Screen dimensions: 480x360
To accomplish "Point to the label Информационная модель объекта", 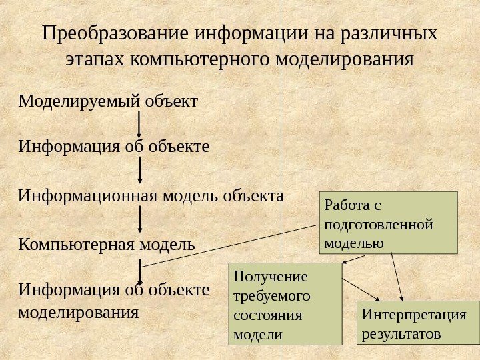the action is point(151,197).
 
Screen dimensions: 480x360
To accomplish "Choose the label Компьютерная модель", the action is point(107,245).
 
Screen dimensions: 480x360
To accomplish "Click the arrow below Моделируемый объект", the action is point(139,124).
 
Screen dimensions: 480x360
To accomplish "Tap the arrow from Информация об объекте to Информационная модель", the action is point(140,170).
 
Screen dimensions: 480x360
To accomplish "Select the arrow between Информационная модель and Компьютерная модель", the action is point(140,219).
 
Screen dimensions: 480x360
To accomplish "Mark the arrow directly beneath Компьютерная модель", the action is point(140,271).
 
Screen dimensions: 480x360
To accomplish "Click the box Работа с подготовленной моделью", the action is point(390,223).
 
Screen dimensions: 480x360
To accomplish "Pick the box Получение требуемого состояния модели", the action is point(285,304).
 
